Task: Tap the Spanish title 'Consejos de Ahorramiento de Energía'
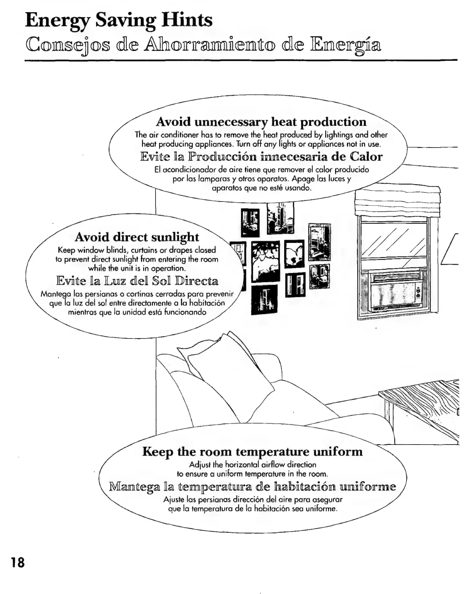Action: point(203,45)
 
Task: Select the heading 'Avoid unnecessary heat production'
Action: point(261,122)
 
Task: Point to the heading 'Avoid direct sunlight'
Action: point(137,237)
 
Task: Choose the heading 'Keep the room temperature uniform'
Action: point(252,452)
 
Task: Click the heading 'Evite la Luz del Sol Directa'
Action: point(137,281)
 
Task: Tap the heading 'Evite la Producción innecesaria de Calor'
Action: point(261,156)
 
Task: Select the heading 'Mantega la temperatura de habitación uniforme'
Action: point(252,486)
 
